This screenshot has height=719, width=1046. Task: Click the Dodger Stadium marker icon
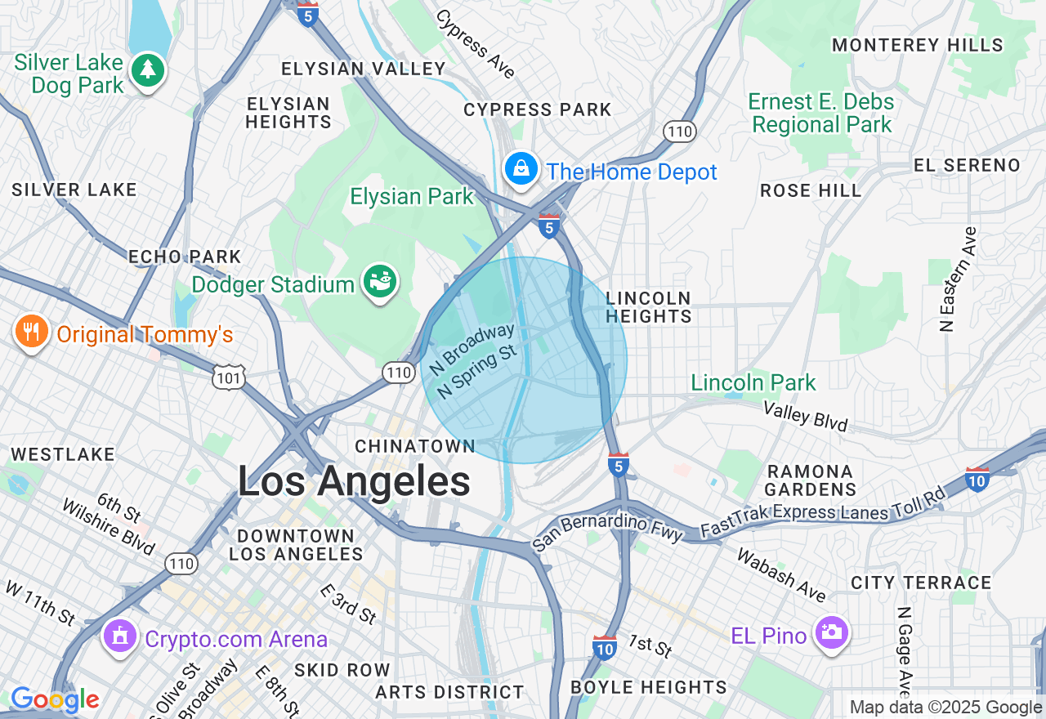coord(380,281)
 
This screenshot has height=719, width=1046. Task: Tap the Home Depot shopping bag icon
coord(521,169)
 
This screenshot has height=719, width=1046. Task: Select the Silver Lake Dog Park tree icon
coord(148,70)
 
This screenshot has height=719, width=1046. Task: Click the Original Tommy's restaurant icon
coord(31,332)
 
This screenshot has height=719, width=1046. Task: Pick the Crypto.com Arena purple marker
coord(120,636)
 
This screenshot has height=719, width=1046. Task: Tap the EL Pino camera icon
coord(832,632)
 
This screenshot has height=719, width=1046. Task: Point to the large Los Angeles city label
coord(354,481)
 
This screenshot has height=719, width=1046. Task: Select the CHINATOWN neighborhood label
coord(415,446)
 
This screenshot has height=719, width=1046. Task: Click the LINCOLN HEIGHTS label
coord(649,307)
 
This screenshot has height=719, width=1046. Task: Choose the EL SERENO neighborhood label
coord(967,165)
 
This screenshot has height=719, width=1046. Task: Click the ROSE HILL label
coord(811,191)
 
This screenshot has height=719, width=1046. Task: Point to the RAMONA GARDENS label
coord(810,480)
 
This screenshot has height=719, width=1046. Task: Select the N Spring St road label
coord(477,372)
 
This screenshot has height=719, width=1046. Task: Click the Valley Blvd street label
coord(805,416)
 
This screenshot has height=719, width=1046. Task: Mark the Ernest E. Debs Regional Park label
coord(822,114)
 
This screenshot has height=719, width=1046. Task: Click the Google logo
coord(55,700)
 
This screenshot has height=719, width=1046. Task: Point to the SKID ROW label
coord(342,670)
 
